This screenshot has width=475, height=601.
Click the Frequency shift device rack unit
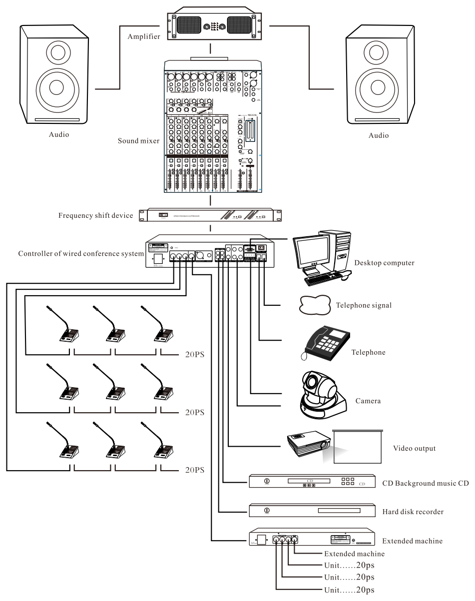pyautogui.click(x=212, y=215)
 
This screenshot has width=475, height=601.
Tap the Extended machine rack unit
pyautogui.click(x=312, y=540)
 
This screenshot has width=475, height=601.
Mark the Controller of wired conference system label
pyautogui.click(x=81, y=253)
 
